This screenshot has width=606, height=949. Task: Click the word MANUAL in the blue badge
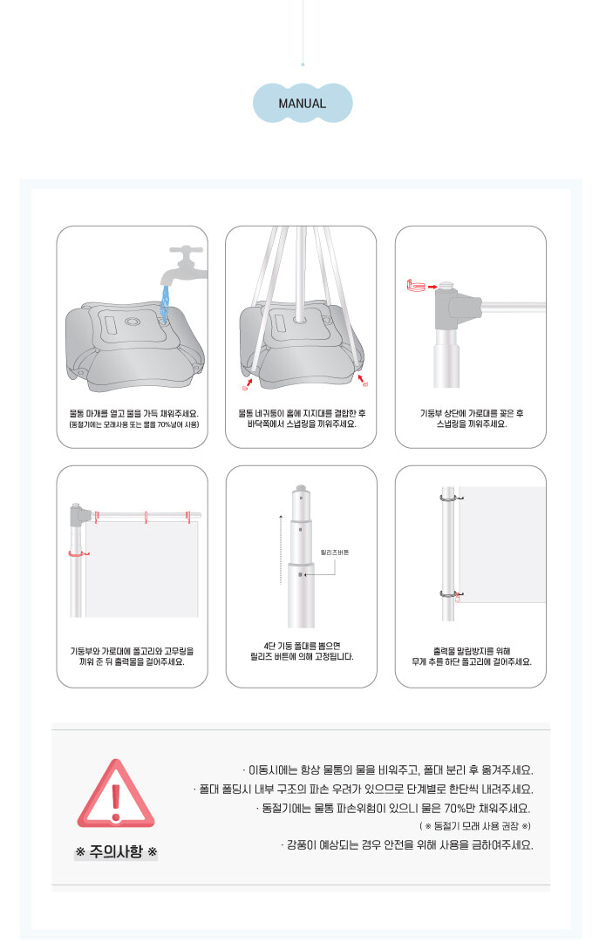tap(302, 104)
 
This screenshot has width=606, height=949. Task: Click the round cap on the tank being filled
tap(132, 322)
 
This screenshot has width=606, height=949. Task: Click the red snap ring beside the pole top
tap(416, 284)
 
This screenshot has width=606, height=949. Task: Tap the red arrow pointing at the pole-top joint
tap(432, 287)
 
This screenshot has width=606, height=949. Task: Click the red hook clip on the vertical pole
tap(78, 553)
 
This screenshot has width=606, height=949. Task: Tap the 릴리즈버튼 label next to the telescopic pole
tap(335, 552)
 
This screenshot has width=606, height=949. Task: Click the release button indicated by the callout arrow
tap(301, 573)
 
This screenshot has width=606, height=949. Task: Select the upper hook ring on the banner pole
tap(451, 498)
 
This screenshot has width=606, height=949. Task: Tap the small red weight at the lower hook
tap(458, 599)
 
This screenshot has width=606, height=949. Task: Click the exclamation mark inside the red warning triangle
tap(116, 797)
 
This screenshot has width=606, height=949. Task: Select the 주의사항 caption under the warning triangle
tap(116, 851)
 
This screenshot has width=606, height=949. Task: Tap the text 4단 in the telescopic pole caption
tap(270, 647)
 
